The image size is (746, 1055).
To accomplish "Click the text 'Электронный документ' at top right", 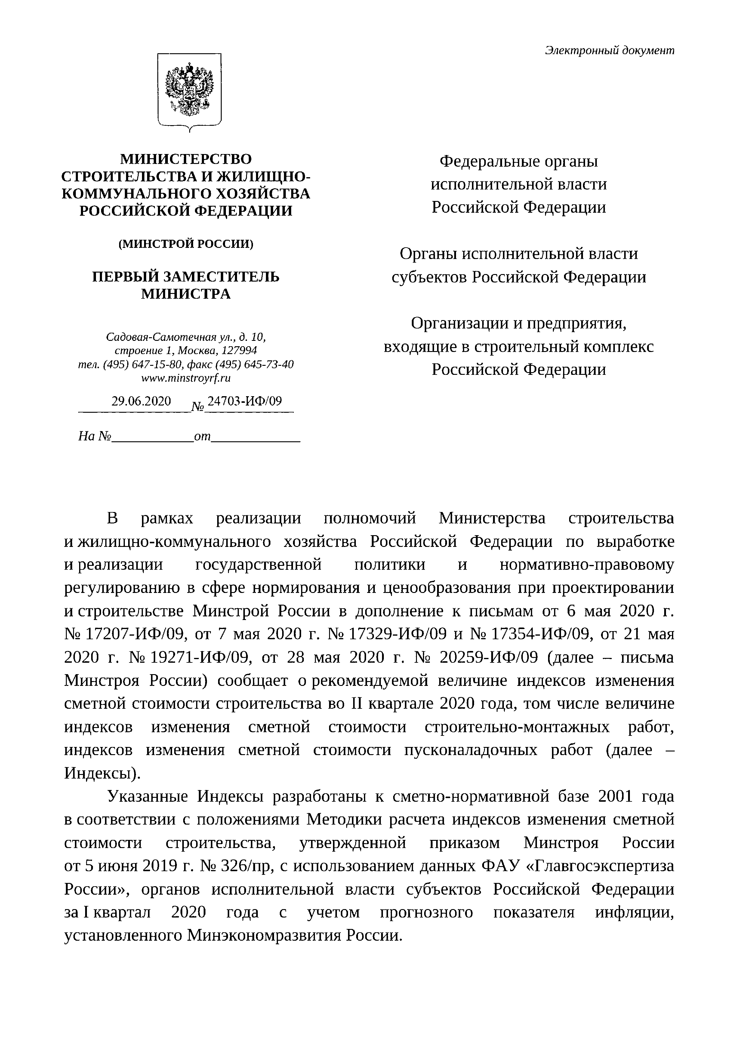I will [609, 51].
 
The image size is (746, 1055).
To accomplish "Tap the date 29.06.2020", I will [141, 402].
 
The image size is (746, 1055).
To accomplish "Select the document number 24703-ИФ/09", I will [244, 402].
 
